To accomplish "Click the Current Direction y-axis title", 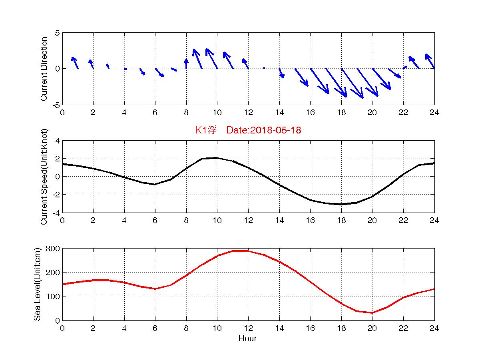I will (44, 69).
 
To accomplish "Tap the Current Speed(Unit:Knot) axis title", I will (44, 177).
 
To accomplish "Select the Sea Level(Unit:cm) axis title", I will (37, 284).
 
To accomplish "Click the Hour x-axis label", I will (248, 339).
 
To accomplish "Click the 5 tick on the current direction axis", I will (57, 33).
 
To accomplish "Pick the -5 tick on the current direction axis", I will (55, 105).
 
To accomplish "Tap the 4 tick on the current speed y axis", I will (57, 141).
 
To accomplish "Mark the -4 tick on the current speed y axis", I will (55, 213).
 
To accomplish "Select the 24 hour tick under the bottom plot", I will (434, 328).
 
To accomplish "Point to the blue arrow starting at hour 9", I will (198, 59).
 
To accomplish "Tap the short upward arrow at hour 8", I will (186, 64).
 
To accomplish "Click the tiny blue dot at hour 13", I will (264, 68).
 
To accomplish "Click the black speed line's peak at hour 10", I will (217, 158).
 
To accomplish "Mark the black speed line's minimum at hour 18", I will (341, 204).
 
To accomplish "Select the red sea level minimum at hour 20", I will (372, 313).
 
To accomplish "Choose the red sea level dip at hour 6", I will (155, 289).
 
